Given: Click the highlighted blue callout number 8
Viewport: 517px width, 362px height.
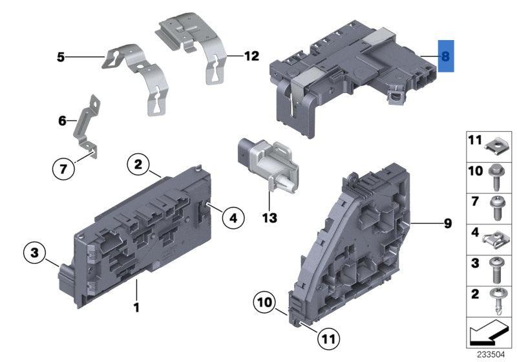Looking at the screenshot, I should (445, 56).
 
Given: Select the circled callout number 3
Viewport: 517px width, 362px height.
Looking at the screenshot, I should (35, 252).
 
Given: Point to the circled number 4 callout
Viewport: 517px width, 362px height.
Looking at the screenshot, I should (233, 218).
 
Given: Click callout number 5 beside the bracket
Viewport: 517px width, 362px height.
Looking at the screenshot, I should (61, 58).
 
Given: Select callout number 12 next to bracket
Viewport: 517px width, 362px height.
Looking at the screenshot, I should (251, 57).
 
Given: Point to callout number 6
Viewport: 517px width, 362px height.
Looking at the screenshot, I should (62, 120).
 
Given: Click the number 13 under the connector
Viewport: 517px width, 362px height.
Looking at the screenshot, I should (269, 218).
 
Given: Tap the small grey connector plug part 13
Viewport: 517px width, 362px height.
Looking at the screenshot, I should (265, 164).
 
